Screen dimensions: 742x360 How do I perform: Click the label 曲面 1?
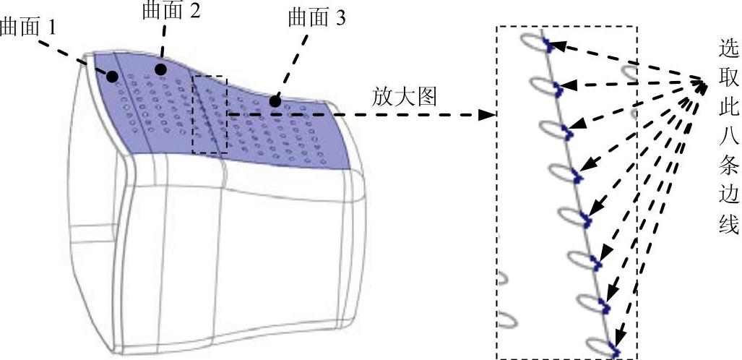(29, 28)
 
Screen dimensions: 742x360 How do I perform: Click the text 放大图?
(405, 97)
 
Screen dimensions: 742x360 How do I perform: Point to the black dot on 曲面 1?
(112, 75)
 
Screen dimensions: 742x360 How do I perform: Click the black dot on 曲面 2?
(160, 69)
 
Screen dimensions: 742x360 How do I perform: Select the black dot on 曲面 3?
(275, 101)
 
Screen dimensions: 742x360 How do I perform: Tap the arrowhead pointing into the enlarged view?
(488, 114)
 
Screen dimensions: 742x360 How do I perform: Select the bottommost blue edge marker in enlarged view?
(615, 351)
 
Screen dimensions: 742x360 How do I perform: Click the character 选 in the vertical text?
(728, 50)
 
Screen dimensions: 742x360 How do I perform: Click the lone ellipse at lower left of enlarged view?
(508, 319)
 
